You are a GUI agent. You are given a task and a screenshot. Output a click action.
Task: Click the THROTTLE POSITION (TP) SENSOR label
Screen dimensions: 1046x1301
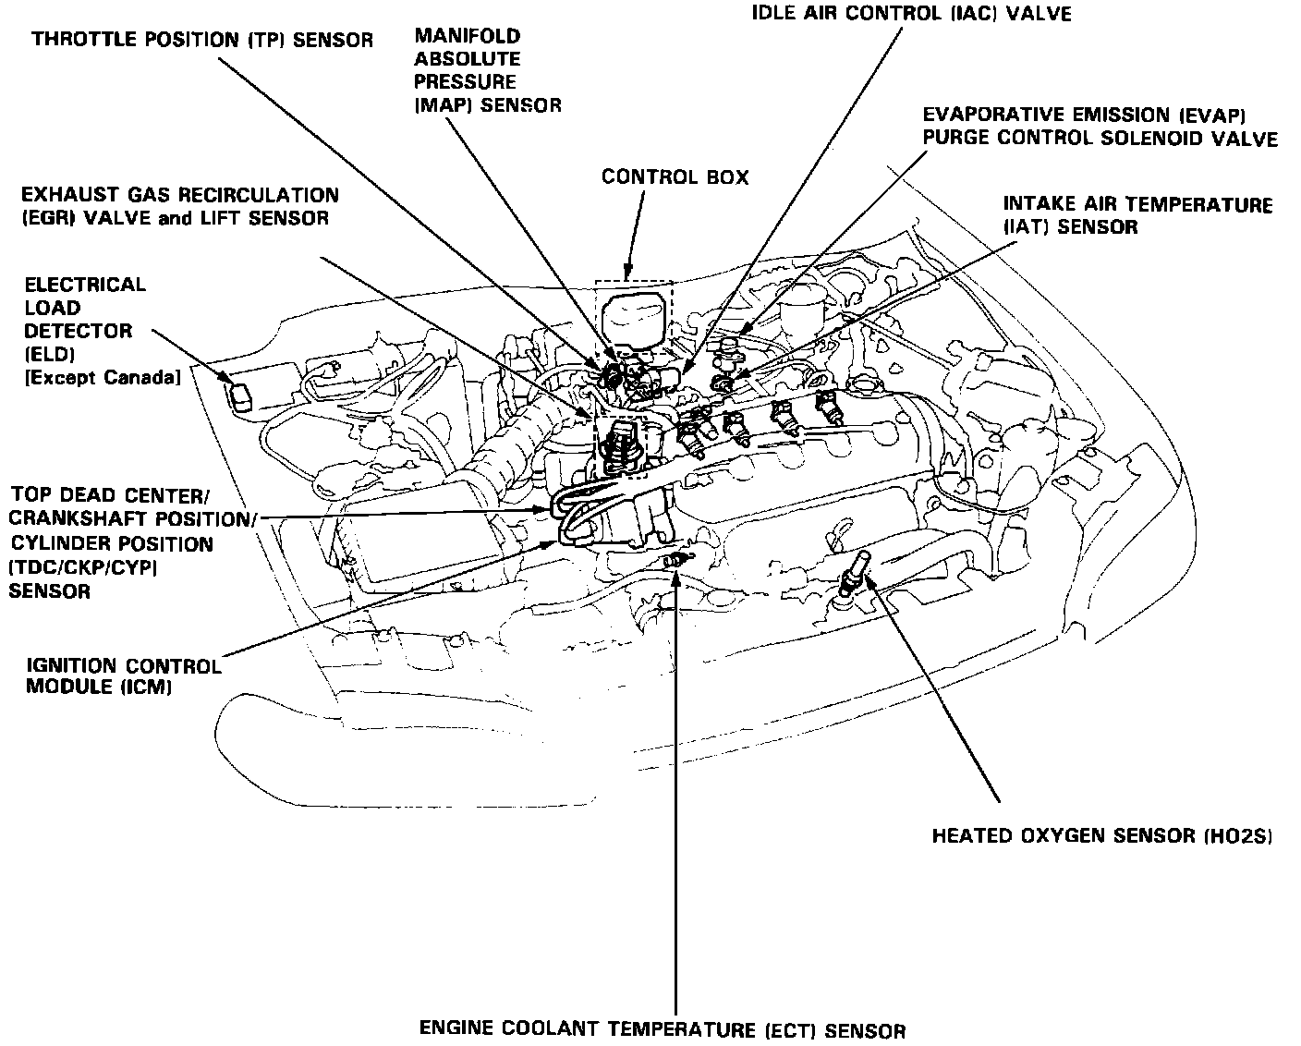[x=202, y=40]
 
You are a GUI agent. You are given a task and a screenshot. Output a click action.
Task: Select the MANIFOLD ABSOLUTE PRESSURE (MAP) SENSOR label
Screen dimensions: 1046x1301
[x=487, y=71]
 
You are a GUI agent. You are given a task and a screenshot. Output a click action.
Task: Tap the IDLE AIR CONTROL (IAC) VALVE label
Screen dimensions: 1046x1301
[x=911, y=14]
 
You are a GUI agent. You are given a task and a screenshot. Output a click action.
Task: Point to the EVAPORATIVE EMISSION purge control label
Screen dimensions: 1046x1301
[x=1100, y=127]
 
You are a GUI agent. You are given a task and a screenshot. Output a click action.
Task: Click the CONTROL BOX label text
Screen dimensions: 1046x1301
[x=675, y=176]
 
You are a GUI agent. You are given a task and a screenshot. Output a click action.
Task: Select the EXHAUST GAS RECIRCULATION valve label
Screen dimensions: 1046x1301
[x=179, y=207]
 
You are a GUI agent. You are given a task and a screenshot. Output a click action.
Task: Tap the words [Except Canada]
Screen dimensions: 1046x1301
[x=102, y=378]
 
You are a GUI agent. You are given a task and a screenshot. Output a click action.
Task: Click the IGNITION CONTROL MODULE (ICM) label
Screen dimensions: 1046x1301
[x=123, y=676]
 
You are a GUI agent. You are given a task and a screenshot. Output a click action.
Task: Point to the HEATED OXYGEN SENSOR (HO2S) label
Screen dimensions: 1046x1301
[x=1102, y=837]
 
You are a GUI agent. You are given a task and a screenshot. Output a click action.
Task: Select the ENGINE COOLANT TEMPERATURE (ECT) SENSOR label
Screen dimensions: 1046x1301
[x=663, y=1029]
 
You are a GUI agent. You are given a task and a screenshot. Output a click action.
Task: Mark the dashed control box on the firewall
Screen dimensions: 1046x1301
[x=633, y=316]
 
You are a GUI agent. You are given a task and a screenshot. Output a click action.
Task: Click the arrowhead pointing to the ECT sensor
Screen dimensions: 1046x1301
[x=677, y=578]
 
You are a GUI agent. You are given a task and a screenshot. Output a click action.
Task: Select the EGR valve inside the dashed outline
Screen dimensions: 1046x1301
[x=620, y=445]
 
